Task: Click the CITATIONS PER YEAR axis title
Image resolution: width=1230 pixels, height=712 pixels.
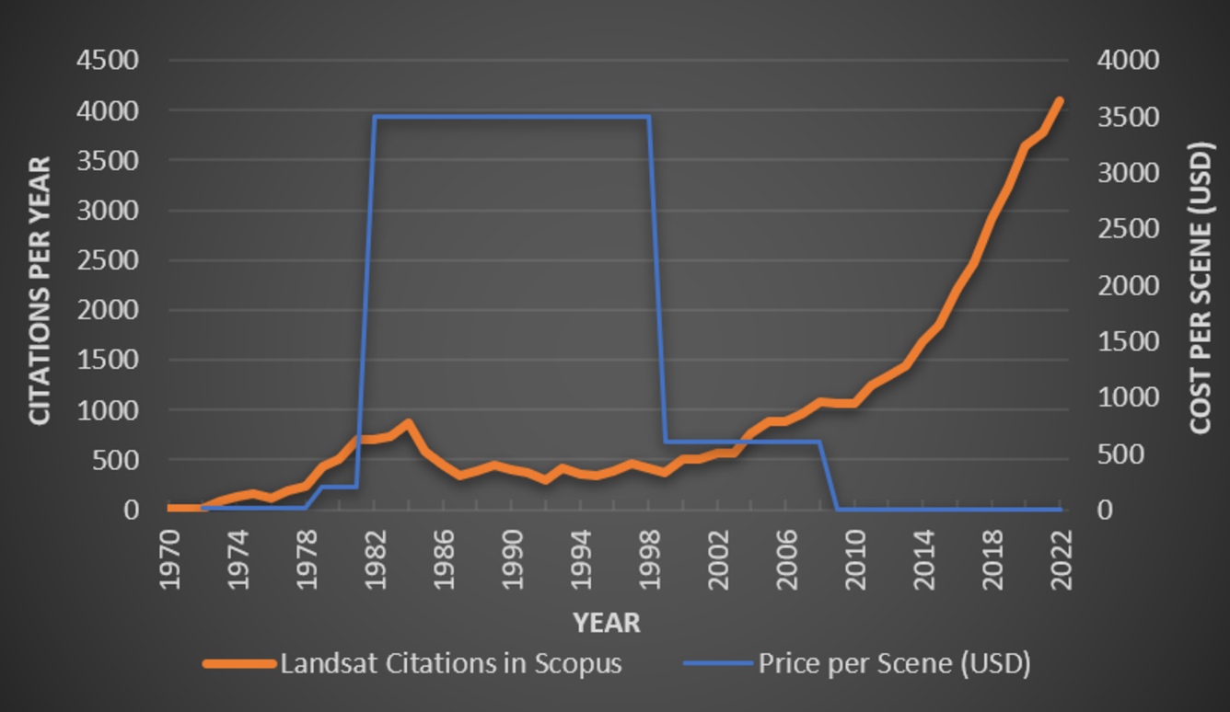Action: (40, 291)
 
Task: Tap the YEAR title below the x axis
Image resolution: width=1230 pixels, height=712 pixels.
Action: (607, 623)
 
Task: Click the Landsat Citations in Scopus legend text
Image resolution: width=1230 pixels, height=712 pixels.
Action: (451, 663)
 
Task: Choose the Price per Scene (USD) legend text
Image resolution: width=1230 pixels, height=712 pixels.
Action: (893, 663)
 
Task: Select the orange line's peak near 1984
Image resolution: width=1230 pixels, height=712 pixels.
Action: (408, 423)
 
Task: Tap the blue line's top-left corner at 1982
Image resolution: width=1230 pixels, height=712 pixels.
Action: (375, 117)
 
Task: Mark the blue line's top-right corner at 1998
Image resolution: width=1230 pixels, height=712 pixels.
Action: (649, 117)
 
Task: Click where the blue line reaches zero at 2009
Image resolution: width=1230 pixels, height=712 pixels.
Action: (837, 509)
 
